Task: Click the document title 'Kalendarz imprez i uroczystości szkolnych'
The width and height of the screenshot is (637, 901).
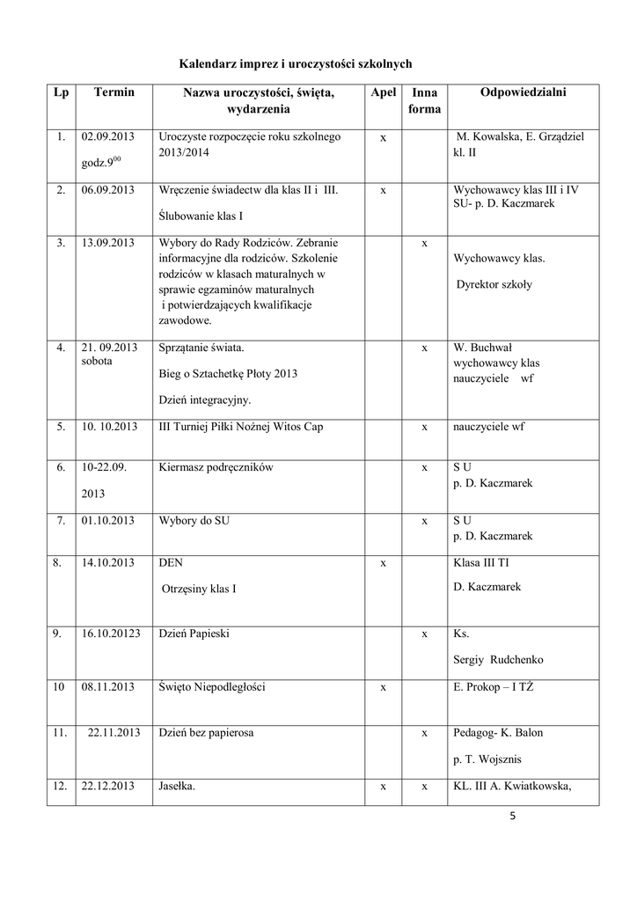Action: (x=296, y=64)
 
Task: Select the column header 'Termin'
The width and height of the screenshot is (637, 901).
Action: (x=113, y=92)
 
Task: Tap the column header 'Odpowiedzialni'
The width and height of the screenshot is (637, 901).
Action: (x=524, y=92)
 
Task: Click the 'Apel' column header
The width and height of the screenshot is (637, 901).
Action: (x=383, y=92)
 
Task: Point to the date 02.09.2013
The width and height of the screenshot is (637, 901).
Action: (x=106, y=137)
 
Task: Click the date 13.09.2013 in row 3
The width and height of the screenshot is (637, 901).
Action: (x=106, y=243)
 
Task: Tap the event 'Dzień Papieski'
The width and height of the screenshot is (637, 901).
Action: (x=194, y=634)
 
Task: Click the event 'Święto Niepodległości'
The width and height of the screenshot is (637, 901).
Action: (x=212, y=686)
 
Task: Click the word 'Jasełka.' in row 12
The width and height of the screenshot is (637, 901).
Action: (x=177, y=787)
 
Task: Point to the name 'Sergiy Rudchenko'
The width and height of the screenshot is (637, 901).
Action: (x=497, y=660)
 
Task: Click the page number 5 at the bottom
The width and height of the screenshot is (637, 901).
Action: (x=511, y=817)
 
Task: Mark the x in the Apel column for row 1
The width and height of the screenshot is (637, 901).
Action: (x=383, y=138)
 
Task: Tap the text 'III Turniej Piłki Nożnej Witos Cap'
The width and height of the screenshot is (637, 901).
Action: (x=241, y=428)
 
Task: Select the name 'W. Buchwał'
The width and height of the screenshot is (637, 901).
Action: (x=482, y=348)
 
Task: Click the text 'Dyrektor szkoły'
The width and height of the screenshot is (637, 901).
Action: (x=494, y=285)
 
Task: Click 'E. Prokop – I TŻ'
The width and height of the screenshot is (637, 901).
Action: (x=494, y=686)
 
